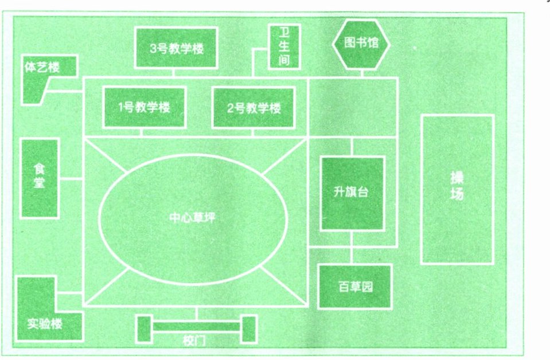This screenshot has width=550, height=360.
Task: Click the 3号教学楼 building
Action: (176, 48)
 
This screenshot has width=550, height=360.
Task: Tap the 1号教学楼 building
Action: (144, 107)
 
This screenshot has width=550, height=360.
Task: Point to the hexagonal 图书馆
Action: (361, 44)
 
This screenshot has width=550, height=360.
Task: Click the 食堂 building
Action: (40, 178)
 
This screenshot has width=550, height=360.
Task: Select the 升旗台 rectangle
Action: (351, 193)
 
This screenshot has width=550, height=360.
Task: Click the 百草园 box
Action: (354, 286)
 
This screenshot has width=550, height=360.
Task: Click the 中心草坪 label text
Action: (193, 218)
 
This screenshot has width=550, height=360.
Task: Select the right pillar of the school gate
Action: (248, 329)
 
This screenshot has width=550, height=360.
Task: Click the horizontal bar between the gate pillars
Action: (196, 327)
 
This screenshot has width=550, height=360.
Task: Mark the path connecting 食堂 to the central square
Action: (71, 178)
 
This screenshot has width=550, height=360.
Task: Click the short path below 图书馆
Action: (361, 72)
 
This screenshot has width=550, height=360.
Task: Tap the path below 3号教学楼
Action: (174, 73)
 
